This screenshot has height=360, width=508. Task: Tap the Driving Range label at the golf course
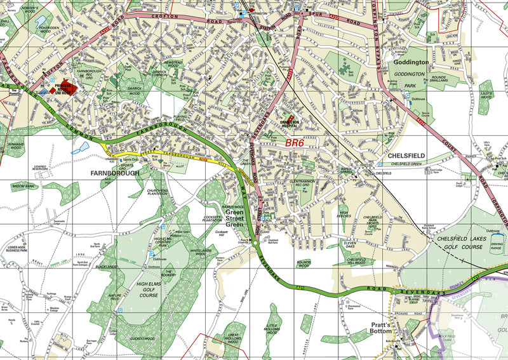click(497, 244)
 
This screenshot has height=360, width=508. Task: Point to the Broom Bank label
click(25, 186)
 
